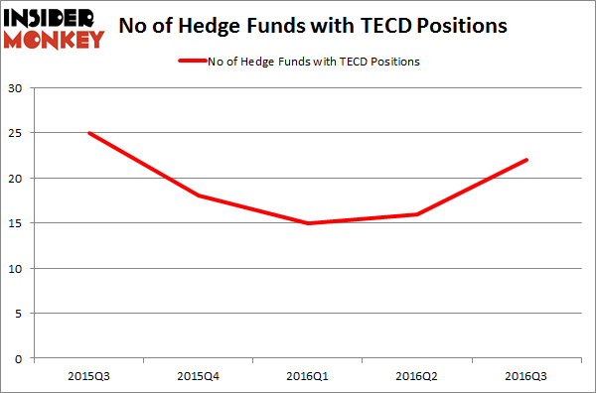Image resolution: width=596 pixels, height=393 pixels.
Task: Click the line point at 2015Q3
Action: [90, 133]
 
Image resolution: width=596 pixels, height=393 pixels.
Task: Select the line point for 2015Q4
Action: [200, 196]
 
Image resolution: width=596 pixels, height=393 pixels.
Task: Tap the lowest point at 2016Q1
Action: [309, 223]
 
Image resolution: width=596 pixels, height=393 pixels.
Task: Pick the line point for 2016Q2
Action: [418, 214]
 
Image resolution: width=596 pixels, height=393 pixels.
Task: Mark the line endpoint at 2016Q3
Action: [526, 160]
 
